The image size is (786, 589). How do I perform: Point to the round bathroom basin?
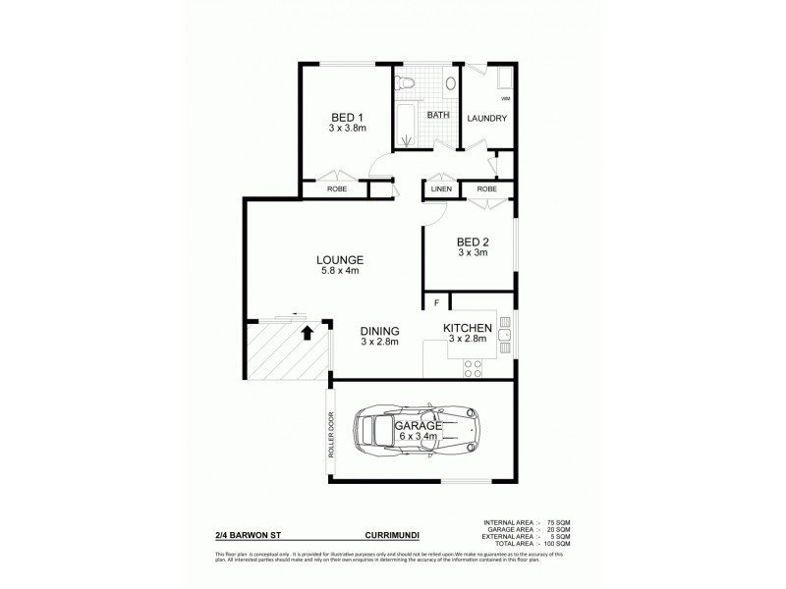click(449, 84)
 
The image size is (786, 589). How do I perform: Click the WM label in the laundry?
click(505, 100)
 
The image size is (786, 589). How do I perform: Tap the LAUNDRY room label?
click(486, 119)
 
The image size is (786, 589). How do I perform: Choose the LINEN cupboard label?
click(440, 188)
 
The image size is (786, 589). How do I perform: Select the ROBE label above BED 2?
click(486, 188)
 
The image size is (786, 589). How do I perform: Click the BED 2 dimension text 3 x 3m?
click(473, 252)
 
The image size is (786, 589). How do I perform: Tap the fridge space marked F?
click(436, 302)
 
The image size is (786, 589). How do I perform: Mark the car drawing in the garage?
click(419, 430)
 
